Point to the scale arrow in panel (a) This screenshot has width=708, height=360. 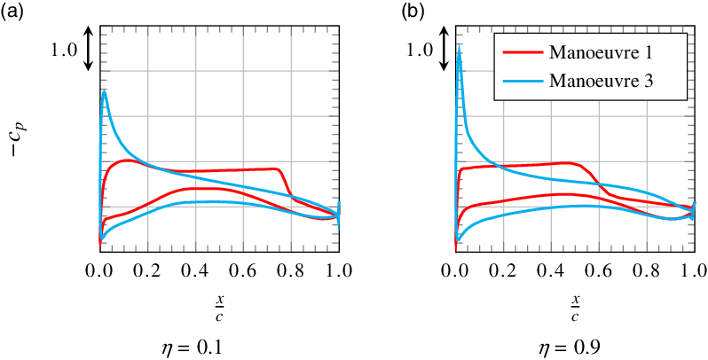point(89,49)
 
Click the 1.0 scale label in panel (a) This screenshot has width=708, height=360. point(64,51)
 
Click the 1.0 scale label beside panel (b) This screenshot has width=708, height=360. point(419,51)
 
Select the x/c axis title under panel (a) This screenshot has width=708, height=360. point(218,308)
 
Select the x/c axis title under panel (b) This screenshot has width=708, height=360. point(574,308)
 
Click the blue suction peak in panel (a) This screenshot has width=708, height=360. point(105,91)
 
